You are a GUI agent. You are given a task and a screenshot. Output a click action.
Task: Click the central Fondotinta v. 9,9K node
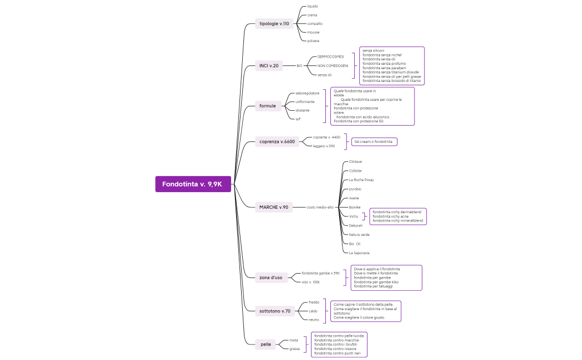192,184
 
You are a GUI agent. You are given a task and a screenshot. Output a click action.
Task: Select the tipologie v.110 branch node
274,24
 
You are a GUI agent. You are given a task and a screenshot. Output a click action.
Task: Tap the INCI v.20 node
269,66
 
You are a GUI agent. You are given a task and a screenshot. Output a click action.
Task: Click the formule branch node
268,106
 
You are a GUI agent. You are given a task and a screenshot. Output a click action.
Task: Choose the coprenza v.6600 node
277,142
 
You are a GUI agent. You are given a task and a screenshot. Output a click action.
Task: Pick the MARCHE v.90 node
274,207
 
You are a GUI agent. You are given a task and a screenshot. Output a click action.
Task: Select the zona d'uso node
270,277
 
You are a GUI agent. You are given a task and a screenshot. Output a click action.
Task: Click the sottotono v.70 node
275,311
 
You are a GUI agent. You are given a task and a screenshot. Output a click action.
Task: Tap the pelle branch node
266,344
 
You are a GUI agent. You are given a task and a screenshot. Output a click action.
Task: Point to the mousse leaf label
313,32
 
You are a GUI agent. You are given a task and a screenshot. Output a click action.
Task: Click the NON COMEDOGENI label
333,66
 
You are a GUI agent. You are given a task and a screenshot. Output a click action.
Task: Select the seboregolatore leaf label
307,93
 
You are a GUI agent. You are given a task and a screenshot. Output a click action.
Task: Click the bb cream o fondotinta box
374,142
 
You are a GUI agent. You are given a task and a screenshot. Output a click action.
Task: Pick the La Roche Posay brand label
361,180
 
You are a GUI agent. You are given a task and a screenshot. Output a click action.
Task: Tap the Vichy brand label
354,216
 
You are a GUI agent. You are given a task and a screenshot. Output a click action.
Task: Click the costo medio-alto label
320,207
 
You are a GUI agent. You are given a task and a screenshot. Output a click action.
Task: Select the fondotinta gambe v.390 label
320,273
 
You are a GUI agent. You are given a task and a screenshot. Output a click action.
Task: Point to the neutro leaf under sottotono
314,320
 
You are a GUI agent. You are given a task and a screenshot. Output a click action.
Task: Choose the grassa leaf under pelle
294,349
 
